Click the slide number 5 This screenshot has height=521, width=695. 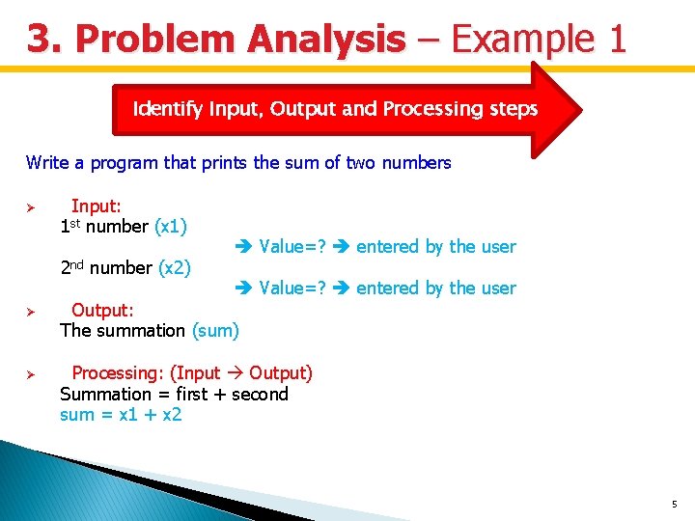point(675,504)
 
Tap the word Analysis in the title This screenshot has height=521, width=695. point(326,38)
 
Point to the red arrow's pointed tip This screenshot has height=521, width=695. point(581,110)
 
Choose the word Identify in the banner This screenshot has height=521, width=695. point(168,109)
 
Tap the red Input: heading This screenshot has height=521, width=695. point(97,206)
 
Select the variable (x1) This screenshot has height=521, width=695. point(171,227)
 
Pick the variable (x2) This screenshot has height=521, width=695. point(175,267)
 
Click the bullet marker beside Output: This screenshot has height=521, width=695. point(31,312)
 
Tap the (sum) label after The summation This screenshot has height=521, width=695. point(215,331)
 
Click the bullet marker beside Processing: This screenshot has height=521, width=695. point(31,374)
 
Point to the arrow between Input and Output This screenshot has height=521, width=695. point(235,373)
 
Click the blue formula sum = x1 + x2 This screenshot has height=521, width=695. point(121,415)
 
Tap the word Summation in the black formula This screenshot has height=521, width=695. point(105,394)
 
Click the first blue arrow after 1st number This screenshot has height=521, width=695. point(244,246)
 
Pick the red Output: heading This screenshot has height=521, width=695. point(102,310)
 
